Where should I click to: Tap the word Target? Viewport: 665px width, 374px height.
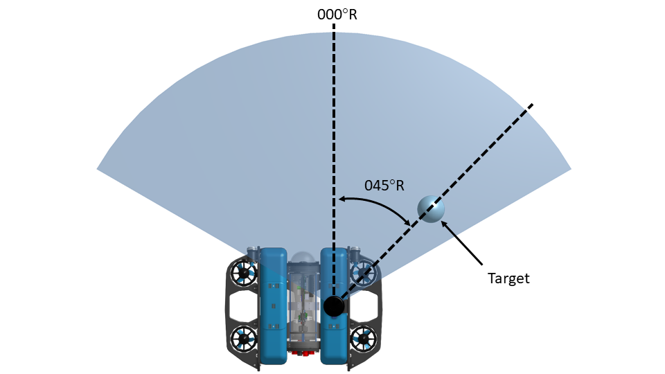coord(508,278)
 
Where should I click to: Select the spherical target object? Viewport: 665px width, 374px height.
coord(431,208)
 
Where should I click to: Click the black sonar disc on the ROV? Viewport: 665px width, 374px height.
coord(334,305)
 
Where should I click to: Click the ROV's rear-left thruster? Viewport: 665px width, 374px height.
coord(244,339)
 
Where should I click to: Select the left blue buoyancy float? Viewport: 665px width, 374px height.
coord(273,305)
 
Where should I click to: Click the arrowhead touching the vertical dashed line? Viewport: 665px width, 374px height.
coord(341,200)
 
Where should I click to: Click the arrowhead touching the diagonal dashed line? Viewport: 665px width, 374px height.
coord(408,221)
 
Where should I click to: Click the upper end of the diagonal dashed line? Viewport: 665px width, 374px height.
coord(532,105)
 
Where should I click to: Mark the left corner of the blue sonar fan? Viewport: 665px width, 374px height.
coord(98,168)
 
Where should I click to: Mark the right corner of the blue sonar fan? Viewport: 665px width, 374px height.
coord(570,168)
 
